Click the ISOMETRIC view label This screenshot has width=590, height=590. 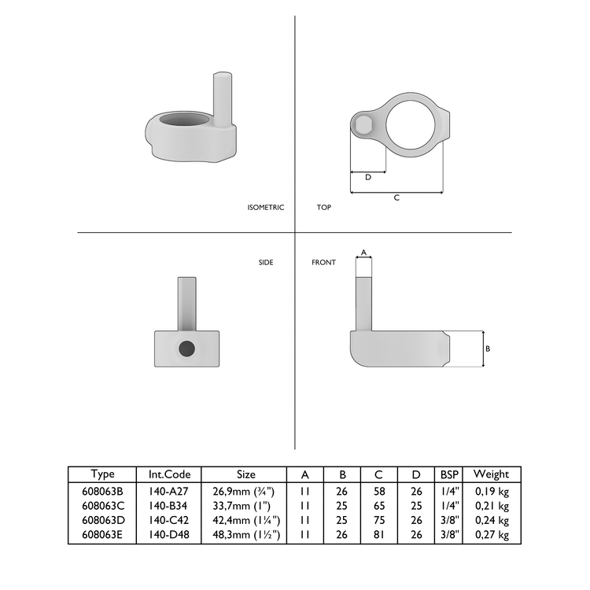[x=265, y=208]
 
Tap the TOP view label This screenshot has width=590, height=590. [x=323, y=208]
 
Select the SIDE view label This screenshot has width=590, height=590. [x=266, y=262]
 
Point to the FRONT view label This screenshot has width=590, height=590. [x=323, y=262]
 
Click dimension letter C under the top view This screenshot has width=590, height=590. [x=396, y=198]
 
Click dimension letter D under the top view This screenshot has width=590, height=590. [x=367, y=177]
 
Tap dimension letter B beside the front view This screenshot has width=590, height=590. [x=488, y=348]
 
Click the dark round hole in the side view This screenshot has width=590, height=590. [x=186, y=348]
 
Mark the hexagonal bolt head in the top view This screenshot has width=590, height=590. [x=363, y=125]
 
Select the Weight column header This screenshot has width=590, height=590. [x=491, y=474]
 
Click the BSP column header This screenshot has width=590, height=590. [x=450, y=474]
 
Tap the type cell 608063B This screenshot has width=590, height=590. [x=102, y=489]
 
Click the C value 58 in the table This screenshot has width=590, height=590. [x=378, y=489]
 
